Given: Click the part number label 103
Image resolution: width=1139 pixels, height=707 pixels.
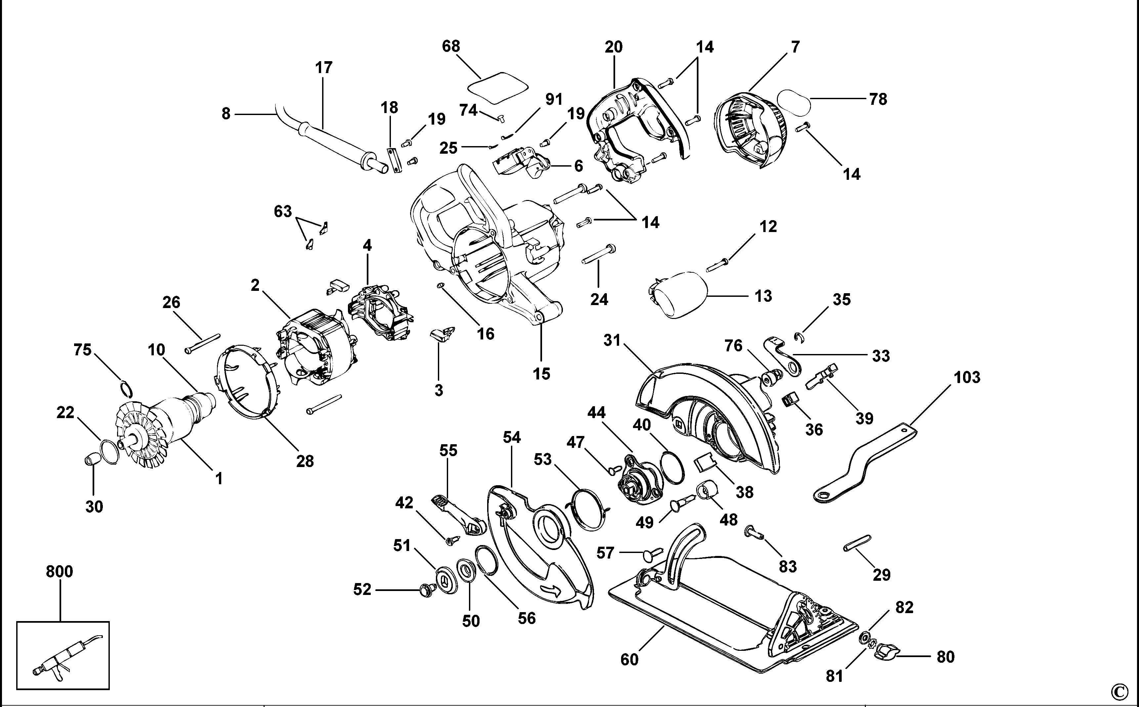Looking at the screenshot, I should coord(966,377).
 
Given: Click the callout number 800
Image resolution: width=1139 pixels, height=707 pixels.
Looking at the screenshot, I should coord(60,571).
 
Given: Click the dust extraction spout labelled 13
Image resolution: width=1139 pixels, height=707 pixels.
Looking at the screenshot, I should coord(681,295).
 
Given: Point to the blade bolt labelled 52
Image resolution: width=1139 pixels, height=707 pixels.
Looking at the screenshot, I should coord(425,590).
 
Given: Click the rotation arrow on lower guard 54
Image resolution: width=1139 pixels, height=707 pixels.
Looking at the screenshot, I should coord(552,590).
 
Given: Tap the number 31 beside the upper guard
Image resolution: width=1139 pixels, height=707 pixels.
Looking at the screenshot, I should coord(612,340).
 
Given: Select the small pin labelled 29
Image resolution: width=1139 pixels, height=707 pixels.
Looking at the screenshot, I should coord(857,543).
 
